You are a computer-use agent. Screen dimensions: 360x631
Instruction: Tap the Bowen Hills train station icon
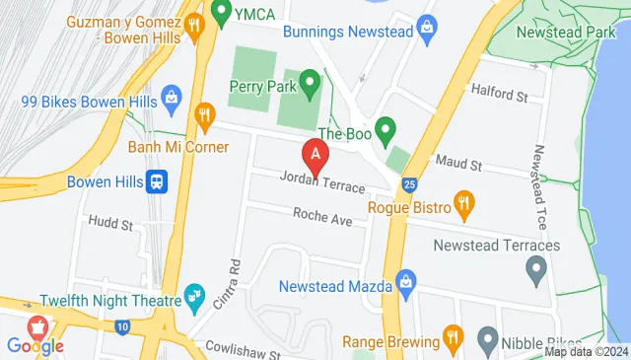[x=156, y=181]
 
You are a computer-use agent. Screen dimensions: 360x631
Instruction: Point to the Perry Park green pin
[x=310, y=82]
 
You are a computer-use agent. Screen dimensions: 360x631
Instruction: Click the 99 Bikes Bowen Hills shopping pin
[x=172, y=98]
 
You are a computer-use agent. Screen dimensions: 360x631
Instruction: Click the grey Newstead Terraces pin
[x=536, y=266]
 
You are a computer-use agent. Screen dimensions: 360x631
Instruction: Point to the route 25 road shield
[x=409, y=182]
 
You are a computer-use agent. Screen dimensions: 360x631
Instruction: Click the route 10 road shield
[x=121, y=325]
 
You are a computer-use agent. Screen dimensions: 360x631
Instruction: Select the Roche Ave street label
[x=321, y=215]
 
